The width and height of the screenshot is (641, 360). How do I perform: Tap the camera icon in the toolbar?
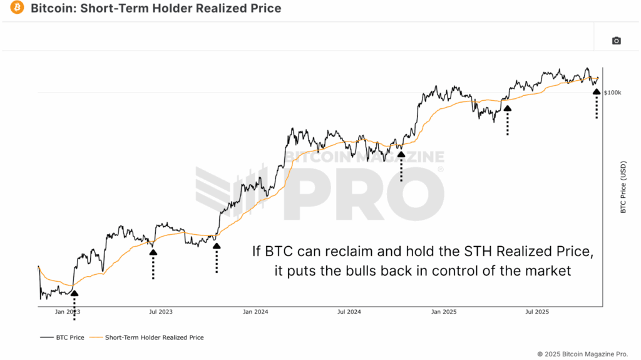(616, 41)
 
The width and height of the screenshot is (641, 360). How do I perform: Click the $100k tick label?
(613, 93)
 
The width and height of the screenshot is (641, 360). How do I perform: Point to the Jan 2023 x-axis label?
(67, 311)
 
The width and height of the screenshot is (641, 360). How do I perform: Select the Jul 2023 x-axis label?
(161, 311)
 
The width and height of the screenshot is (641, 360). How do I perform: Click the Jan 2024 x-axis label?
(255, 311)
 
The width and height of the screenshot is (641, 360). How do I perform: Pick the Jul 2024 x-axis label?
(349, 311)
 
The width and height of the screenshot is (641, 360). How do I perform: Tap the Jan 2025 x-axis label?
(444, 311)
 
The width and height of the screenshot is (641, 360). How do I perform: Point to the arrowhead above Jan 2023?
(74, 292)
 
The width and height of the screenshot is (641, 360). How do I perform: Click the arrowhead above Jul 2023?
(153, 252)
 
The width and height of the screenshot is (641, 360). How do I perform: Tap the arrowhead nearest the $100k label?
(597, 91)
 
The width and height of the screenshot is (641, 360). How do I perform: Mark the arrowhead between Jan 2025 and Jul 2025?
(507, 108)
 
